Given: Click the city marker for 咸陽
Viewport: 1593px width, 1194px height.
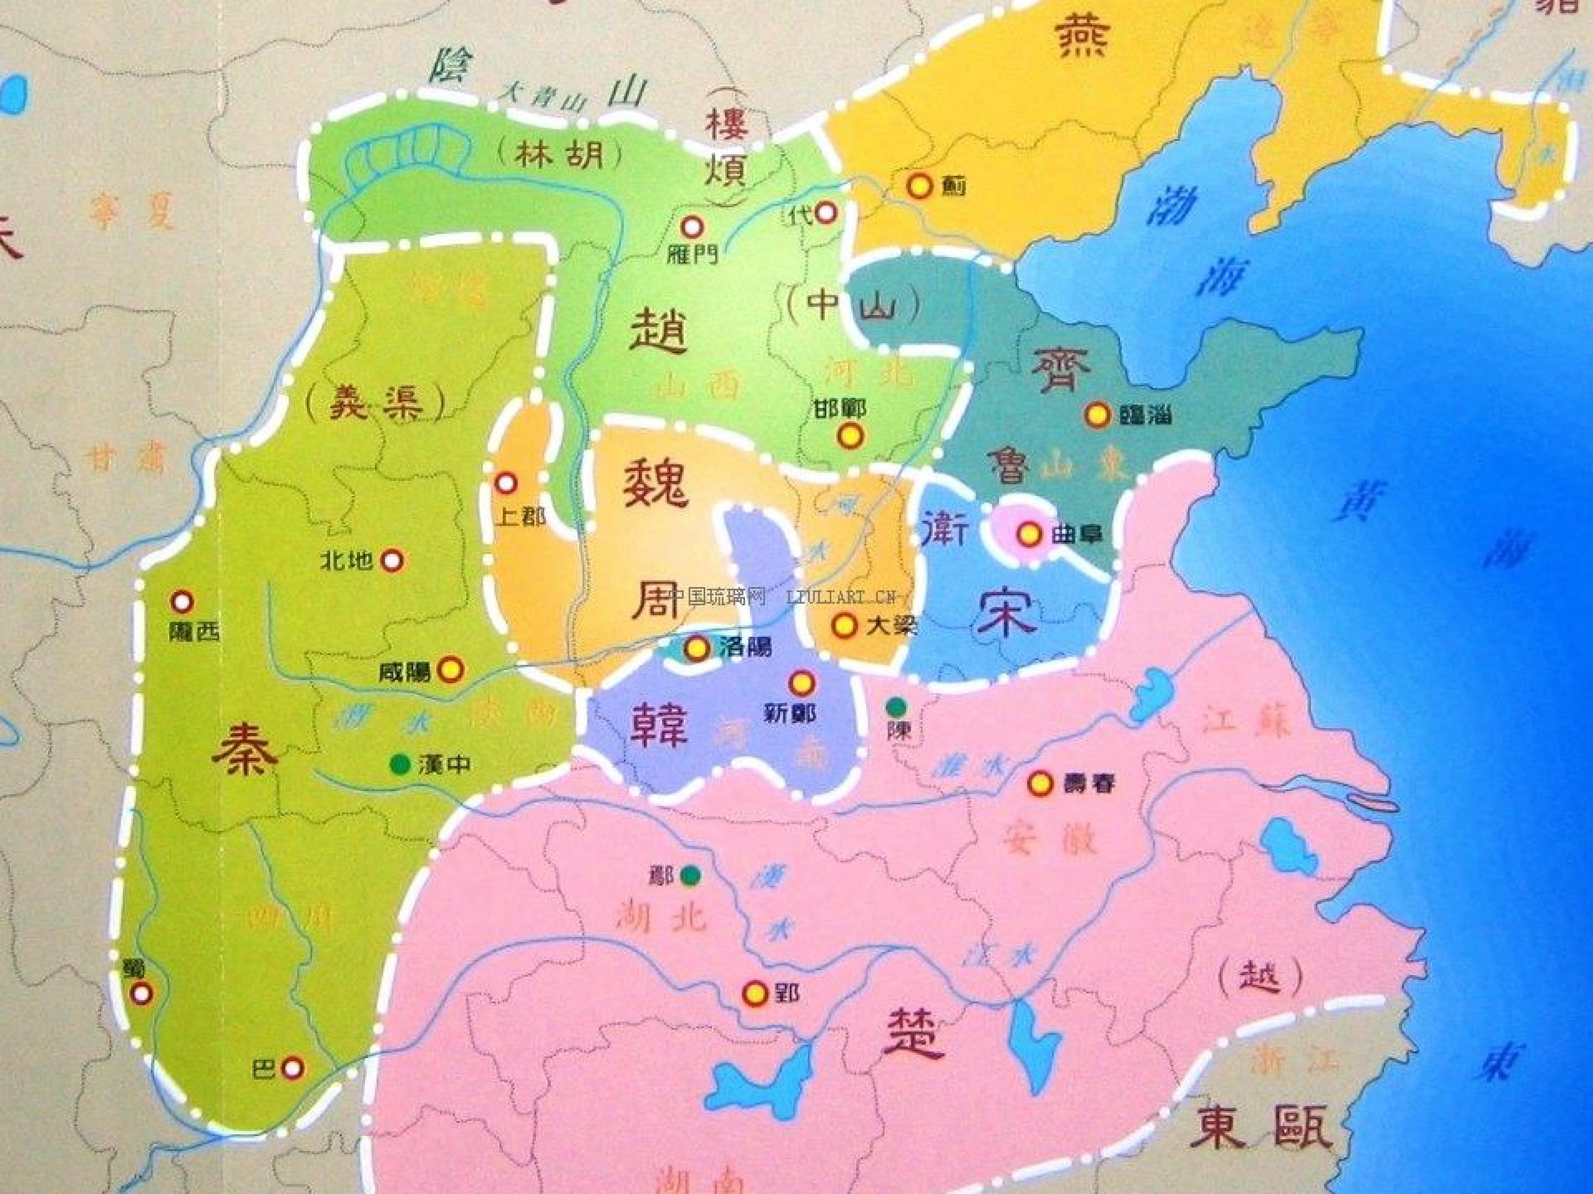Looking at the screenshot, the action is click(x=451, y=669).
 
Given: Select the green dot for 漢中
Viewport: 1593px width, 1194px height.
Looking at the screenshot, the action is click(x=397, y=763).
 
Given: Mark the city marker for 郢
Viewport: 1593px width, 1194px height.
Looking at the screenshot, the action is click(x=754, y=994).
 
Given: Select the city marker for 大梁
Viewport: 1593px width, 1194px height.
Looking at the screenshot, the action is click(x=844, y=625).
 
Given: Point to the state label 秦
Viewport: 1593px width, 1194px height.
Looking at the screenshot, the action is click(x=245, y=746).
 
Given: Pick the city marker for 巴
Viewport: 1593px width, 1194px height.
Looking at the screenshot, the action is click(x=291, y=1068).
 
